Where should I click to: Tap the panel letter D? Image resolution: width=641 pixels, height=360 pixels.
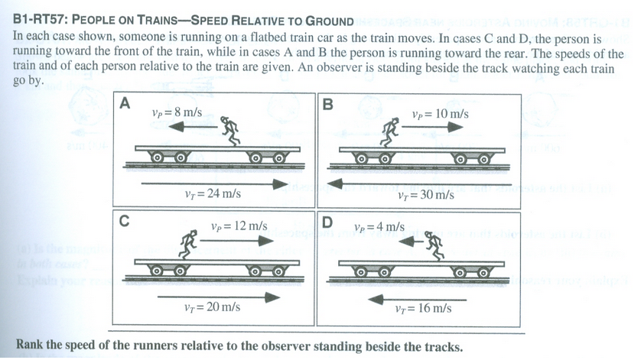328,222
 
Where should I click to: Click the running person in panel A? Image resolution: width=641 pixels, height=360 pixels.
230,131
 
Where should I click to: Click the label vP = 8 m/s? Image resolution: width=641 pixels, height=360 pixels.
177,112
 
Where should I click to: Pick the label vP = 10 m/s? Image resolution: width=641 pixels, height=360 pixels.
440,114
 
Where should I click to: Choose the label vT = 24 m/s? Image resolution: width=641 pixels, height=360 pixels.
213,194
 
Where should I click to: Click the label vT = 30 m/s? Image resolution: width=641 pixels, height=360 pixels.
426,195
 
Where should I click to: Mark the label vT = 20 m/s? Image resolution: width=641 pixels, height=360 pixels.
213,307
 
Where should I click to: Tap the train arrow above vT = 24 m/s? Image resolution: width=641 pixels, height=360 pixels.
214,183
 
